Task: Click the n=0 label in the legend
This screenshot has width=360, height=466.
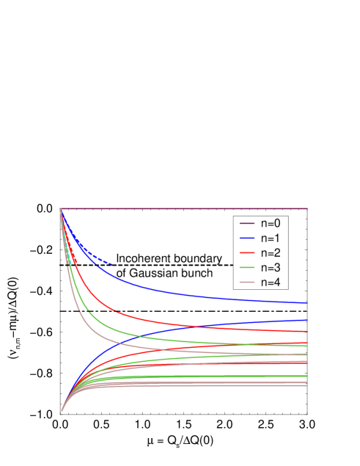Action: click(269, 223)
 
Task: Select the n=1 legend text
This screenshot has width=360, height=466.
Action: click(269, 238)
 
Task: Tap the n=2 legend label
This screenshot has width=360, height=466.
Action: click(269, 252)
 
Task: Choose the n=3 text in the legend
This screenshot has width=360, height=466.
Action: click(269, 267)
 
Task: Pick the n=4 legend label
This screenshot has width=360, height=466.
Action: click(269, 282)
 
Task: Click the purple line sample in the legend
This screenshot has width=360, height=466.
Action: click(245, 223)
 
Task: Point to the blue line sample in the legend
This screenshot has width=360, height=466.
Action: click(245, 238)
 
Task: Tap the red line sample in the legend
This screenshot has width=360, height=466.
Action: click(245, 252)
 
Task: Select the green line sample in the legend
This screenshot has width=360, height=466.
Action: click(245, 267)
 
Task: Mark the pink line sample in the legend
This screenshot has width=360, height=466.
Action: click(245, 282)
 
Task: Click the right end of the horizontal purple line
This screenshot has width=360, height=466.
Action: click(306, 209)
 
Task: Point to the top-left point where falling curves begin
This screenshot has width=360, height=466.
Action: click(61, 210)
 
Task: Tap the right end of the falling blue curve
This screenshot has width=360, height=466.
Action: click(306, 302)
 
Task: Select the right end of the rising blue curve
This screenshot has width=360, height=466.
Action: click(306, 320)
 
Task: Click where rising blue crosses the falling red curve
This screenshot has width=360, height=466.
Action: click(192, 326)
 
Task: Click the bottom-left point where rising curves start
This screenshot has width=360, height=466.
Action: click(61, 410)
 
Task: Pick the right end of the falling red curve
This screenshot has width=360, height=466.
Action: click(306, 332)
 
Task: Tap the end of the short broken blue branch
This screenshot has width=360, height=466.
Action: click(111, 264)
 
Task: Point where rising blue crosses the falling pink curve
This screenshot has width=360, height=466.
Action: click(122, 342)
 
